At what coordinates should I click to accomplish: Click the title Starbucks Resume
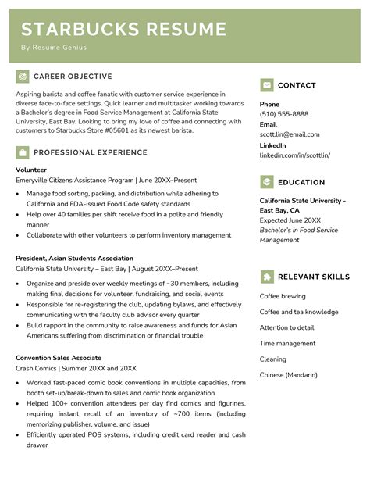[x=123, y=30]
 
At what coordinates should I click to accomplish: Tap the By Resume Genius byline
[x=54, y=48]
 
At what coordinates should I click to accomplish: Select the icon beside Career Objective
[x=22, y=77]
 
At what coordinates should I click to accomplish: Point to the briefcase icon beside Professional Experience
[x=22, y=152]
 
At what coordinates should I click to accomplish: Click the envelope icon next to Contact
[x=267, y=85]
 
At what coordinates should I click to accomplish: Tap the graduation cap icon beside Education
[x=267, y=182]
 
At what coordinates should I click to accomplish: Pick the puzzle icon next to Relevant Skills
[x=267, y=276]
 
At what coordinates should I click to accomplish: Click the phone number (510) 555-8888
[x=284, y=114]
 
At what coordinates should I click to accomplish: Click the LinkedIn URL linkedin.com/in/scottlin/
[x=294, y=155]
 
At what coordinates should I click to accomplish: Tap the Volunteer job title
[x=31, y=170]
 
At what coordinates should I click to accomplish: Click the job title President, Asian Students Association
[x=74, y=258]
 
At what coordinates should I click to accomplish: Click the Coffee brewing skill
[x=283, y=296]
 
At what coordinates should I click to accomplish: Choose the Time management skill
[x=287, y=343]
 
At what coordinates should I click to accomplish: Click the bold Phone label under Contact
[x=269, y=104]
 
